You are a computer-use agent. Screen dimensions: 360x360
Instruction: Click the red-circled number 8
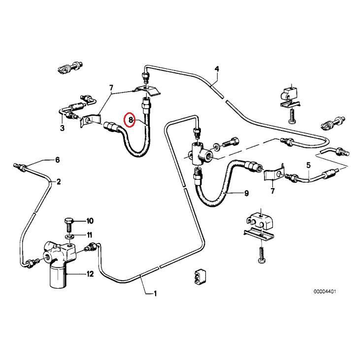click(131, 120)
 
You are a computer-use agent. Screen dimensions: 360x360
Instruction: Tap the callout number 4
click(216, 68)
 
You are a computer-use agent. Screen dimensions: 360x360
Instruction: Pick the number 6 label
click(57, 160)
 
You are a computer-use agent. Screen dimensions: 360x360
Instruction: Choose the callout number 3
click(62, 128)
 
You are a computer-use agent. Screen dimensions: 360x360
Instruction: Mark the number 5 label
click(309, 165)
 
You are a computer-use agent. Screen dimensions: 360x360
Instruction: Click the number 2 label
click(59, 182)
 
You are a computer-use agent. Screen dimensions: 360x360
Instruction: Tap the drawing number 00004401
click(324, 291)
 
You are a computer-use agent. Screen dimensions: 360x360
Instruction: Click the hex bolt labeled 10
click(68, 224)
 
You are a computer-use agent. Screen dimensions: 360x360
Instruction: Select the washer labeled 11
click(69, 235)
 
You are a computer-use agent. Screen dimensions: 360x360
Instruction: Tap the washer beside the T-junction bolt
click(217, 147)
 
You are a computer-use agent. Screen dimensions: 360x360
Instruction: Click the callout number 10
click(90, 220)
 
